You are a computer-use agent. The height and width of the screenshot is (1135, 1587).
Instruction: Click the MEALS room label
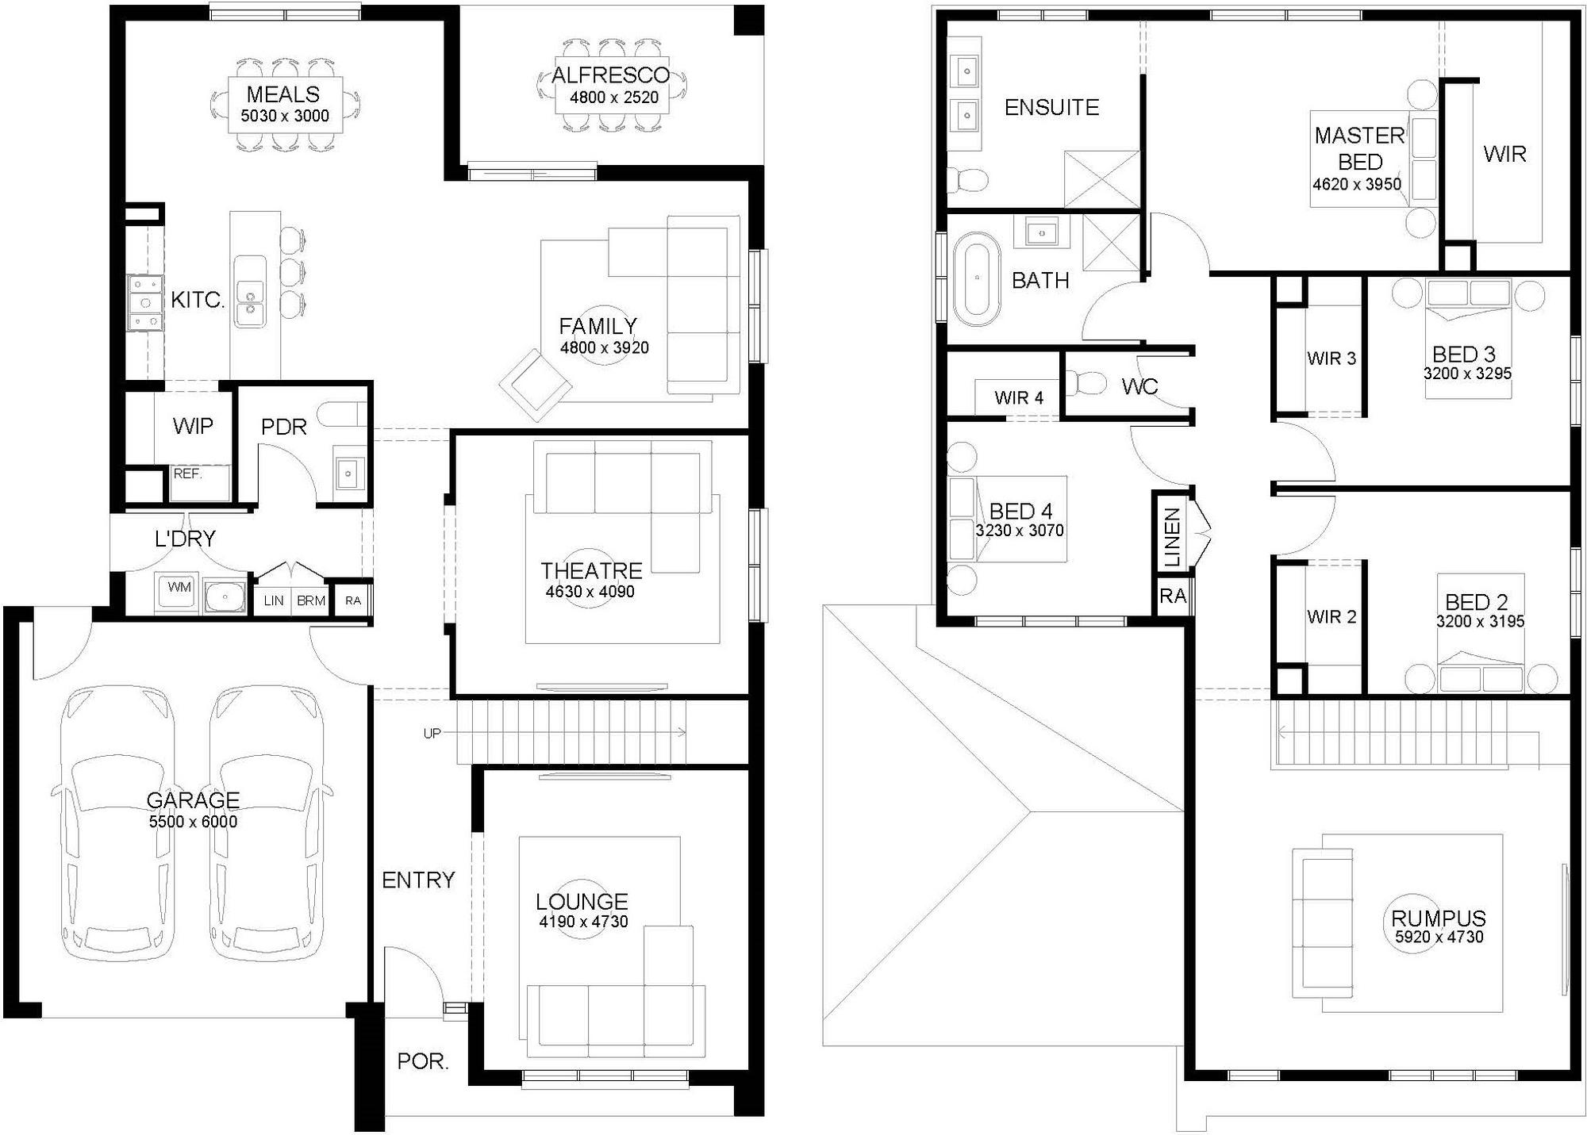(283, 94)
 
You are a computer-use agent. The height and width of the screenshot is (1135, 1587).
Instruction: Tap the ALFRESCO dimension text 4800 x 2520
(614, 98)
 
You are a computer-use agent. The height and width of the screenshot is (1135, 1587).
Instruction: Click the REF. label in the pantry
(188, 474)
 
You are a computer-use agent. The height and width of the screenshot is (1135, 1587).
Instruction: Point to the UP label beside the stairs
(432, 734)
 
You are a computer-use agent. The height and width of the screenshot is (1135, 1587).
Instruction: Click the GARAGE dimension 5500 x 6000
(193, 822)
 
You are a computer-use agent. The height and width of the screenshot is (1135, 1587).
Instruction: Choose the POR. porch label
(423, 1061)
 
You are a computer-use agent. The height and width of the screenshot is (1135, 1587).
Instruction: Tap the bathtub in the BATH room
(977, 278)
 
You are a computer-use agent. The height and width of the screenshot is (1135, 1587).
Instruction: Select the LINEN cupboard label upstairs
(1172, 538)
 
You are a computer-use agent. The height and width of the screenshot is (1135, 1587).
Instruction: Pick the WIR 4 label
(1019, 397)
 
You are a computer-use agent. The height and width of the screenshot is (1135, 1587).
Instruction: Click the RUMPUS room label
(1439, 918)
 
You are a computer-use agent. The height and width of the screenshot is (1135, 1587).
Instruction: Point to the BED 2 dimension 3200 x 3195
(1481, 622)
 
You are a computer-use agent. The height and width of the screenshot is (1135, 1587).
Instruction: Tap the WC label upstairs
(1139, 386)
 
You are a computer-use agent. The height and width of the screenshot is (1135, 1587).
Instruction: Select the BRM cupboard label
(311, 600)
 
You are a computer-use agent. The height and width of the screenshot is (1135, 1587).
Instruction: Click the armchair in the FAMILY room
(536, 385)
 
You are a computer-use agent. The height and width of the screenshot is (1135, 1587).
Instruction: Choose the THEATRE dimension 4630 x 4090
(590, 592)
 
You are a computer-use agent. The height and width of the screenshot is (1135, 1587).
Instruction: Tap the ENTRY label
(418, 880)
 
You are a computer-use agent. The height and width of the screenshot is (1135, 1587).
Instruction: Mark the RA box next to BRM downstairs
(352, 600)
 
